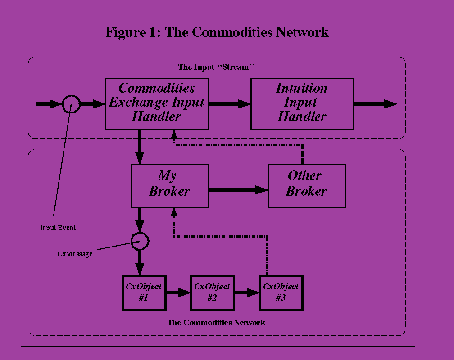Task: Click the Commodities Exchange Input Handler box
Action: [x=157, y=104]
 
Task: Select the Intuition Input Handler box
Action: [x=302, y=104]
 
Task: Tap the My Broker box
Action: [x=169, y=185]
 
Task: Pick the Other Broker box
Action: [x=306, y=185]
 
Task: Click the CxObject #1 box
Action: [x=144, y=292]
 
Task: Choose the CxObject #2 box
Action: [x=212, y=292]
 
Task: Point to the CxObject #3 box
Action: [x=281, y=292]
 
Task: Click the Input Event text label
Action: [x=58, y=228]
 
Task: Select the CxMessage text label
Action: [x=75, y=254]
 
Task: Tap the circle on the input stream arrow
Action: [x=71, y=104]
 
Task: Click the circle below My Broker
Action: [x=140, y=241]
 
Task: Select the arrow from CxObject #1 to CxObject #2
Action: [x=178, y=292]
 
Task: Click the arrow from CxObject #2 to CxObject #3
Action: [x=246, y=292]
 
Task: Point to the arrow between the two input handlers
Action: [x=229, y=104]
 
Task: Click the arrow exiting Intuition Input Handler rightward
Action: [x=375, y=104]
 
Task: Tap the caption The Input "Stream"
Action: [x=217, y=67]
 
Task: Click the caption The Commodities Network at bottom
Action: [x=216, y=323]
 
